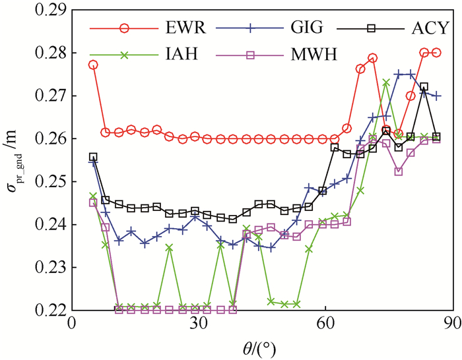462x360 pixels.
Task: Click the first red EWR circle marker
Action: [x=93, y=65]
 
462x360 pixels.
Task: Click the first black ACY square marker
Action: [x=93, y=157]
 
